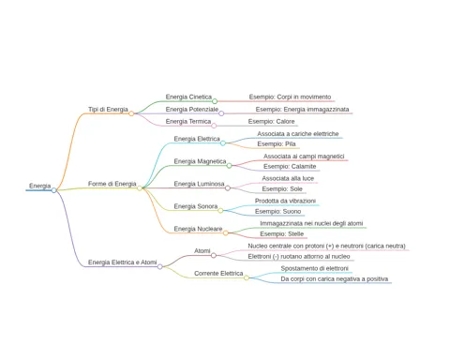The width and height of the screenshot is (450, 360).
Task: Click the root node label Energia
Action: (39, 186)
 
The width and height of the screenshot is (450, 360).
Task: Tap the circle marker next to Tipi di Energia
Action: (131, 113)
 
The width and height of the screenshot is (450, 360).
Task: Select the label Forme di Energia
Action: (112, 184)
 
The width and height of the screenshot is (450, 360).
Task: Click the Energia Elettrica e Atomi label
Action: (122, 262)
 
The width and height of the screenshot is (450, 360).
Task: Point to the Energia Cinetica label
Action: (188, 97)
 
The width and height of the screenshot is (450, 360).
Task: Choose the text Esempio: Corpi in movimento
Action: (290, 97)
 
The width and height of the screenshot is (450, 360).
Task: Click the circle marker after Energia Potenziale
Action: (221, 113)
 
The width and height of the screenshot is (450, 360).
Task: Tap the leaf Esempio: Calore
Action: (271, 121)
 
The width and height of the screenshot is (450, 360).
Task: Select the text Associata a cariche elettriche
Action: (298, 134)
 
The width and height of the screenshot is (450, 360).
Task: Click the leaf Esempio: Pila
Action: (277, 143)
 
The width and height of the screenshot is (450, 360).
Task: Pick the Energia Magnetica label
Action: (200, 161)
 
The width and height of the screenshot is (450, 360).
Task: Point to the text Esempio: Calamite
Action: (290, 166)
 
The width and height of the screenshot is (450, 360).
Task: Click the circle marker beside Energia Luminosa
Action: (228, 188)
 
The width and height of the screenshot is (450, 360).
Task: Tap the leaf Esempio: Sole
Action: (282, 188)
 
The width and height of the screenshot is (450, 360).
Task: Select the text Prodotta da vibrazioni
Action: (285, 201)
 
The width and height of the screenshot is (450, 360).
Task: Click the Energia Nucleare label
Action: (198, 229)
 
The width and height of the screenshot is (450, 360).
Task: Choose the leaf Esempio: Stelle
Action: (281, 233)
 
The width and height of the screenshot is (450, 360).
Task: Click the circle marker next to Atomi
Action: (214, 256)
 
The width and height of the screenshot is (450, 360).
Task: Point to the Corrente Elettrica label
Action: (218, 274)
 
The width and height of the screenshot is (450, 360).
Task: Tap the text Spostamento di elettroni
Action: (314, 268)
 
